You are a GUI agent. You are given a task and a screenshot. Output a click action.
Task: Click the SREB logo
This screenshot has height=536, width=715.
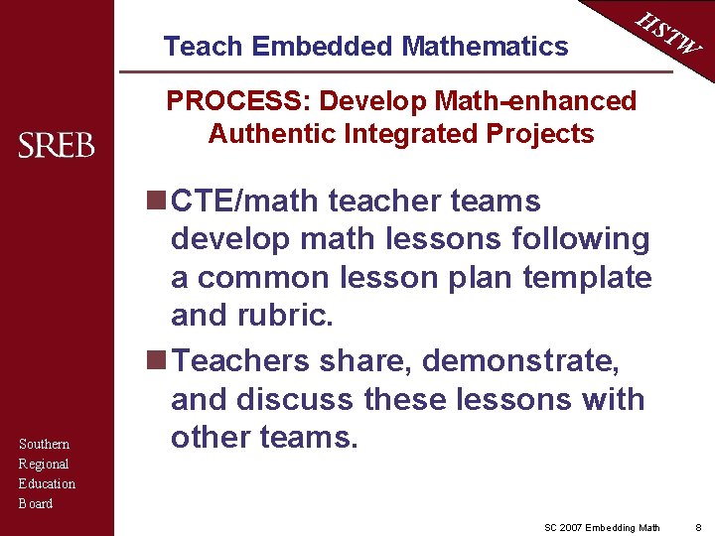point(57,146)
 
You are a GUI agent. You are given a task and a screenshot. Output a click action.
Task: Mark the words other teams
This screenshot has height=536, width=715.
point(264,437)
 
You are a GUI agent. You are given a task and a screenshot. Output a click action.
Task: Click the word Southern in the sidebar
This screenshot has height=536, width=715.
point(44,445)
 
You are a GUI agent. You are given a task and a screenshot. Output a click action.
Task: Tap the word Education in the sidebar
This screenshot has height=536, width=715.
point(47,484)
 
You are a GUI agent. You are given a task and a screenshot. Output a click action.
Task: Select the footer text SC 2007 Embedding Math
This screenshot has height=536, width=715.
point(602,526)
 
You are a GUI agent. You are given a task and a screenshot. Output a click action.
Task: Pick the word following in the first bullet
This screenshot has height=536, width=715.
point(580,239)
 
